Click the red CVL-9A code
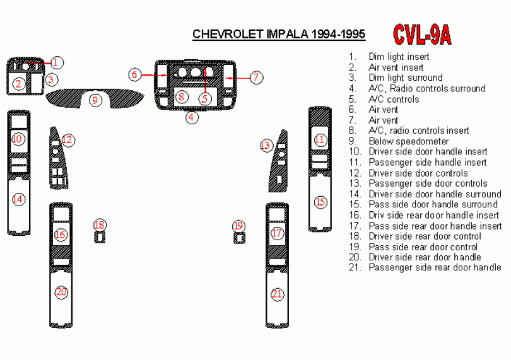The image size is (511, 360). (x=421, y=35)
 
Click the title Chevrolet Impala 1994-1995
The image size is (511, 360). (x=278, y=34)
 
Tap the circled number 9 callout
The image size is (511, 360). (x=95, y=100)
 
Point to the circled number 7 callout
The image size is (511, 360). (x=255, y=78)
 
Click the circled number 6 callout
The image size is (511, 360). (x=134, y=74)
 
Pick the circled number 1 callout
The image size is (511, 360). (x=57, y=62)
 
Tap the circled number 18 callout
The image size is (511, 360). (x=100, y=225)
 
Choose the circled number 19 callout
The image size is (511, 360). (x=238, y=226)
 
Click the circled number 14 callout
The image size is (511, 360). (x=18, y=199)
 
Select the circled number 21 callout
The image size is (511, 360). (x=277, y=294)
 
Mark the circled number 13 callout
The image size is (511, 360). (x=266, y=146)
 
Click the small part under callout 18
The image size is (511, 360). (x=100, y=237)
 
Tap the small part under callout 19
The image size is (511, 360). (x=238, y=238)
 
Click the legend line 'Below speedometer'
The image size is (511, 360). (x=408, y=141)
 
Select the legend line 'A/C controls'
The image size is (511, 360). (x=393, y=99)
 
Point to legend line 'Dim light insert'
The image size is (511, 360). (x=399, y=57)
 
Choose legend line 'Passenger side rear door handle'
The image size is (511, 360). (x=435, y=267)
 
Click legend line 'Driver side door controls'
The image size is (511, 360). (x=418, y=173)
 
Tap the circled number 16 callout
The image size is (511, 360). (x=61, y=235)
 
